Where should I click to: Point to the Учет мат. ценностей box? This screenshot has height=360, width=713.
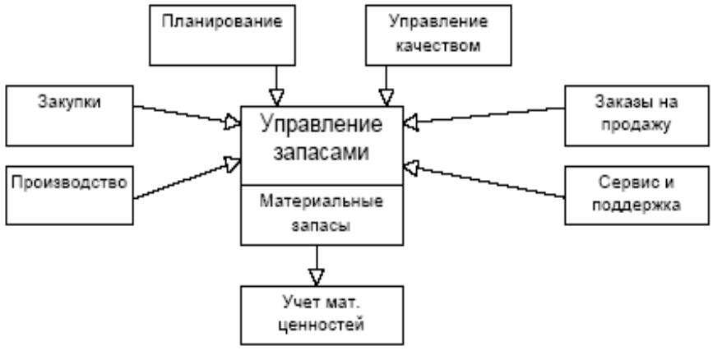(x=322, y=314)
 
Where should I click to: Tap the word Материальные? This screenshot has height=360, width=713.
(x=322, y=201)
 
